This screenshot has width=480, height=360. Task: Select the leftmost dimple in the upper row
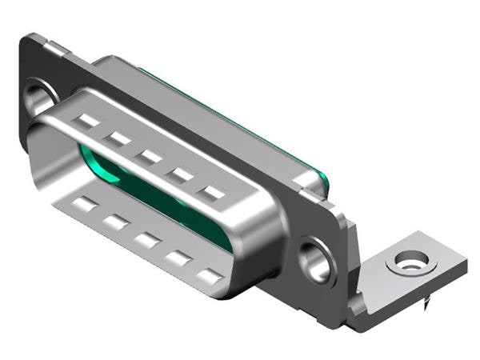[88, 122]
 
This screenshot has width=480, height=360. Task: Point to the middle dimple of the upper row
[148, 157]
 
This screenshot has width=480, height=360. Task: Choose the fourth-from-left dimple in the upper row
[181, 175]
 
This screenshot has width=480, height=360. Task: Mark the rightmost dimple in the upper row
[212, 194]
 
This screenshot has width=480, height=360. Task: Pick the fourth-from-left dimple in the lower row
[178, 258]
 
